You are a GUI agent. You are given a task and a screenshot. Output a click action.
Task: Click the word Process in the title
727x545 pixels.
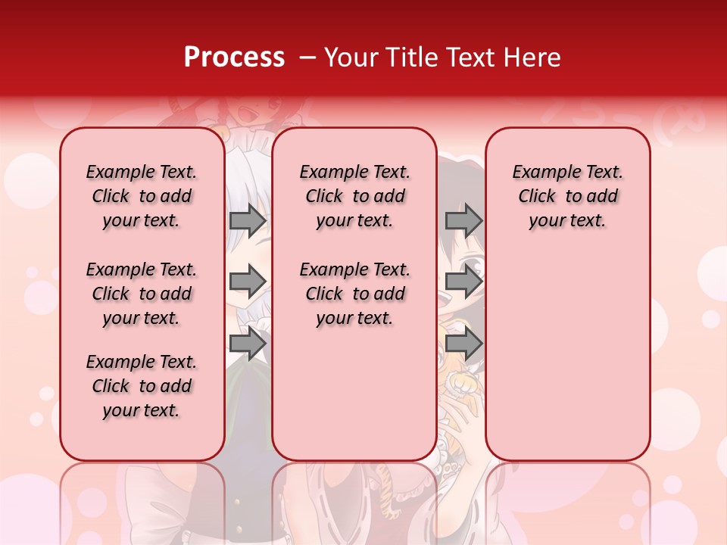coord(234,58)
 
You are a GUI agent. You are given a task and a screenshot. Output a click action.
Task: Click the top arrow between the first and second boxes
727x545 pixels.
coord(248,221)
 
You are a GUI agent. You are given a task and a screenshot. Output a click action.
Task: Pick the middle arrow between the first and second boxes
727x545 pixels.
coord(248,282)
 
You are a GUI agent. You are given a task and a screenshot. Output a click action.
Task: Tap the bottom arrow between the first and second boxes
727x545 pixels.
coord(248,343)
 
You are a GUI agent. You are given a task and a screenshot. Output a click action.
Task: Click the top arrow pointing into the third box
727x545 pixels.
coord(463,221)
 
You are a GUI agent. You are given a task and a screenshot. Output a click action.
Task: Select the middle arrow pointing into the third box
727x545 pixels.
coord(463,282)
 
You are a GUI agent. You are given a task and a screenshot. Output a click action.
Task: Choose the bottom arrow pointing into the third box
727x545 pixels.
coord(463,343)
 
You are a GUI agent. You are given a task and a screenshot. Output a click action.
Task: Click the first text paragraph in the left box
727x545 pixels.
coord(142,196)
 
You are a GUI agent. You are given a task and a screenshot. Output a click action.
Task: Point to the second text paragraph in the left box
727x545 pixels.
coord(142,294)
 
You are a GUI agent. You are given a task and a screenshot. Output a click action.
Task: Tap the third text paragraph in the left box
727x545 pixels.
coord(142,386)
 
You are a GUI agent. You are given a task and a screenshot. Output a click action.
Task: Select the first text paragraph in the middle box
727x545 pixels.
coord(354,196)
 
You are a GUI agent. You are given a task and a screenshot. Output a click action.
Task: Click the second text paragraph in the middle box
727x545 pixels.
coord(354,294)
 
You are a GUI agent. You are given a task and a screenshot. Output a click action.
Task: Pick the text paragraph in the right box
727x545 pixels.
coord(567,196)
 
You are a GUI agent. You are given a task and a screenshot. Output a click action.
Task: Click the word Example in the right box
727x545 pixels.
coord(540,173)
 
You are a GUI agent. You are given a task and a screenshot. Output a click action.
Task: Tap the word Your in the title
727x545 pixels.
coord(349,58)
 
